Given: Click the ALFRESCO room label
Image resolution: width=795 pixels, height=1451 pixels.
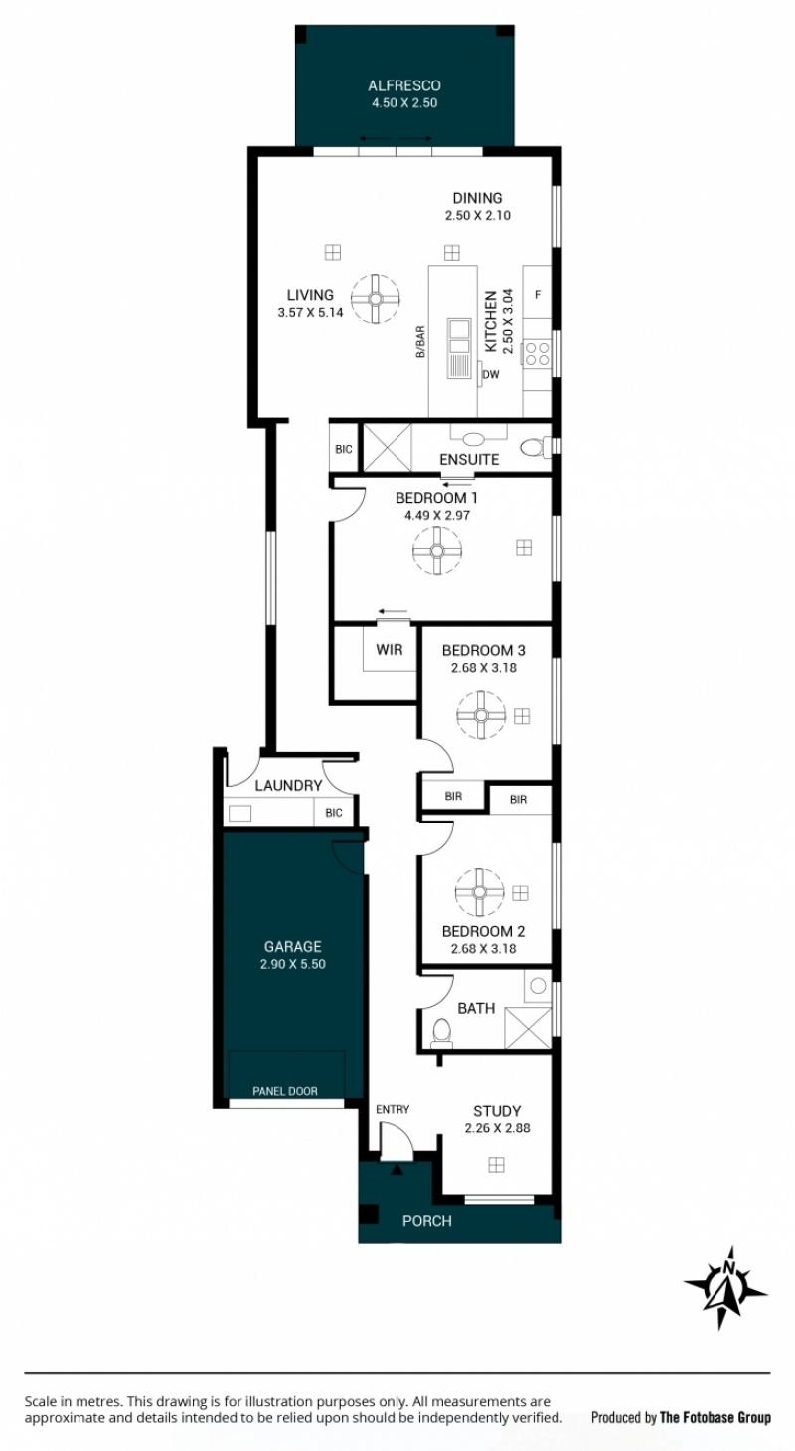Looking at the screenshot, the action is (x=404, y=85).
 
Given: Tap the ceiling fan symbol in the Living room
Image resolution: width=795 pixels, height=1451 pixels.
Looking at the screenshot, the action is (x=376, y=298).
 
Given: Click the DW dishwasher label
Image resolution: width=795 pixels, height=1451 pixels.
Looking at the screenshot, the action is (x=491, y=374).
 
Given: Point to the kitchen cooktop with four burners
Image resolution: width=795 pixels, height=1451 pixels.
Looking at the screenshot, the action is (x=538, y=355).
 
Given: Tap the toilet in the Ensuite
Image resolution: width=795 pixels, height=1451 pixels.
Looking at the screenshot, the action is (x=536, y=447).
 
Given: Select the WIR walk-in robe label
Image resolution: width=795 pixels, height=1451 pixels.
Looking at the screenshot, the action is (x=389, y=649).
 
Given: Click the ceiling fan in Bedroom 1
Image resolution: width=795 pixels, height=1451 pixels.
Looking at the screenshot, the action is (x=436, y=551).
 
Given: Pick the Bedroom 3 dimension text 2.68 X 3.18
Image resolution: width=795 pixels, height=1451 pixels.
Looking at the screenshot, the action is (x=483, y=667).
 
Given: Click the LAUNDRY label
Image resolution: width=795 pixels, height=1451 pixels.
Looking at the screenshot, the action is (x=288, y=786).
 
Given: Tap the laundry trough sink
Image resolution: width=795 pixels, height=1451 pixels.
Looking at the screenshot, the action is (x=239, y=813).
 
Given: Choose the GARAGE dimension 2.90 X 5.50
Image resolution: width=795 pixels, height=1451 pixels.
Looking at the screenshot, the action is (x=293, y=964).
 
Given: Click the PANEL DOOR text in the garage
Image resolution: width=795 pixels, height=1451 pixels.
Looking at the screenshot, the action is (x=285, y=1091).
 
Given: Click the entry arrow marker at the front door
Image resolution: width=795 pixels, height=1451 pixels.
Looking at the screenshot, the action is (x=397, y=1170).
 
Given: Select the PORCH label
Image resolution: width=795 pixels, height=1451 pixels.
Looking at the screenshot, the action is (x=427, y=1221).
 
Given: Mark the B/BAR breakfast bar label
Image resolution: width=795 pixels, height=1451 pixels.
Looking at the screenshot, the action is (x=420, y=341).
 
